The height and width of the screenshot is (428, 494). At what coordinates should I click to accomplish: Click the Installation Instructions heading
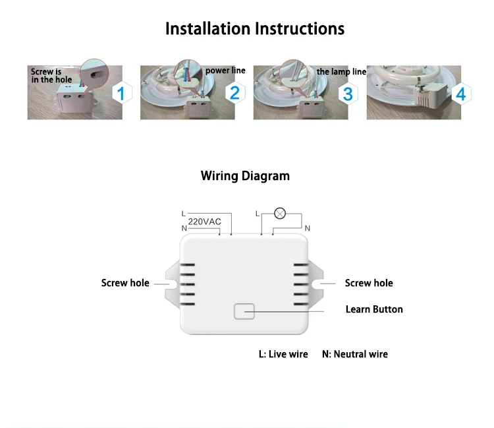tap(255, 29)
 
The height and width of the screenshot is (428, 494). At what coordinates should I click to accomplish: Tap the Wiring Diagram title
tap(245, 176)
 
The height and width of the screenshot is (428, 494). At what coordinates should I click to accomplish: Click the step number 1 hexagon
tap(122, 93)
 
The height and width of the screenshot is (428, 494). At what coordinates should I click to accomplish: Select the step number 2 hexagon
tap(234, 93)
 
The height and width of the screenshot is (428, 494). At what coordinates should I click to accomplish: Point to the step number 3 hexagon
tap(348, 94)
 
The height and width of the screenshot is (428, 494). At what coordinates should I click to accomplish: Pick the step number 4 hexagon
tap(461, 94)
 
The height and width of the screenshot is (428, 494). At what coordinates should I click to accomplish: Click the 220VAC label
tap(204, 222)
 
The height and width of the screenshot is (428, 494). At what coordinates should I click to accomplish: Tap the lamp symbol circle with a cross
tap(280, 214)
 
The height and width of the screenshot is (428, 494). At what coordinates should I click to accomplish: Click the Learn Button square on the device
tap(244, 311)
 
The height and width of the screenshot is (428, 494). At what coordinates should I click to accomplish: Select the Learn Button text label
tap(374, 309)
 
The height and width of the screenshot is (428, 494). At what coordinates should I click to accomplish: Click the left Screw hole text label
tap(125, 283)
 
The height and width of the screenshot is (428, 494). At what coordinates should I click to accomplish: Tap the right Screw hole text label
tap(369, 283)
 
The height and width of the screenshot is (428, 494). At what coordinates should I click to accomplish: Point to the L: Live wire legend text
tap(283, 354)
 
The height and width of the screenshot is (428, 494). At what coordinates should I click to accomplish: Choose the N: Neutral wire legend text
tap(355, 354)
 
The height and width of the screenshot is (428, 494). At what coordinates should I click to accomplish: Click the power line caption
tap(225, 71)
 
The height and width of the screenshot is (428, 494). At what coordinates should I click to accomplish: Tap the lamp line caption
tap(341, 72)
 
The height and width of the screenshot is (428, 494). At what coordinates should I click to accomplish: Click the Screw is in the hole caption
tap(51, 76)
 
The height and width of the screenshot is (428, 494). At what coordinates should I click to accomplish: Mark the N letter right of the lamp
tap(308, 228)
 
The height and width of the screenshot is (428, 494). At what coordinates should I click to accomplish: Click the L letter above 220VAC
tap(184, 214)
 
